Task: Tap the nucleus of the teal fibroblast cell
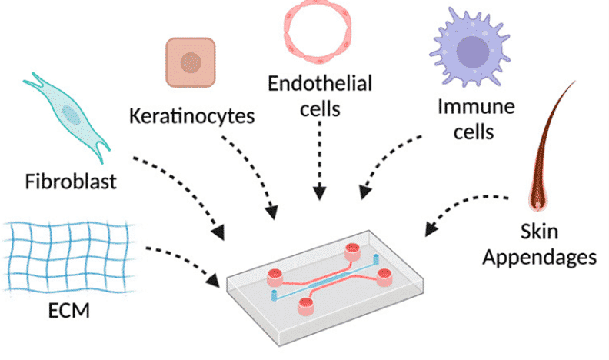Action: (x=71, y=115)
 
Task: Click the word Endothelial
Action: (x=319, y=83)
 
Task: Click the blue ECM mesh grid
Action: (x=65, y=251)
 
